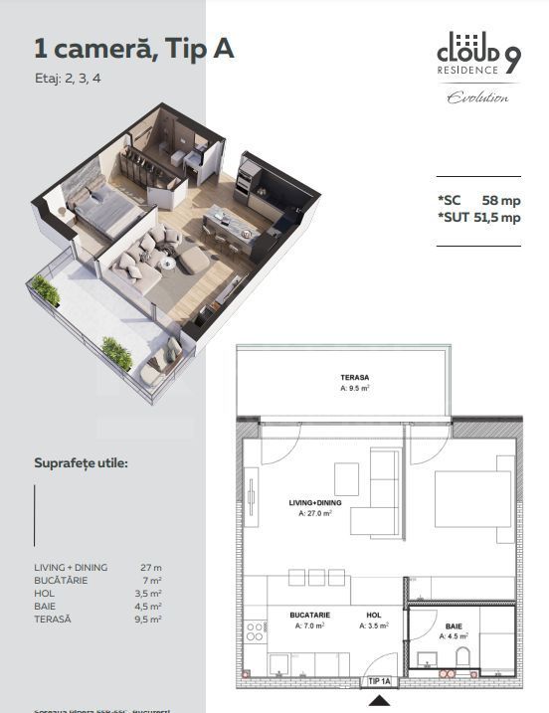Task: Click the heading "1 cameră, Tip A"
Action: [134, 49]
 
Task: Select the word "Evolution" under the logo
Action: [477, 97]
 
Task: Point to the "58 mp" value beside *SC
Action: [500, 199]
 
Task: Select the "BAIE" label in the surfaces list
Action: [46, 606]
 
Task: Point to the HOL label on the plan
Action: [374, 616]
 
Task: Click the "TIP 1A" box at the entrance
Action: [378, 681]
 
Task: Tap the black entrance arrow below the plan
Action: [378, 700]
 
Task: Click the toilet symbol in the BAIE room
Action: [462, 657]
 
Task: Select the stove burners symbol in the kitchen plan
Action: [255, 629]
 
